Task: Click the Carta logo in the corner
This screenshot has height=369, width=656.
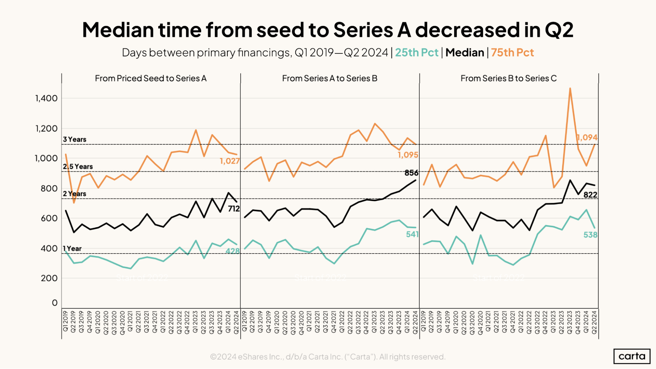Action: pos(631,356)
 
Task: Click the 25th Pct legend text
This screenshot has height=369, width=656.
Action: pos(416,52)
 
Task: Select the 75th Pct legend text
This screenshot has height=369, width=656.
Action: pos(512,52)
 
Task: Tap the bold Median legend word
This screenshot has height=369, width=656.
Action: pos(465,52)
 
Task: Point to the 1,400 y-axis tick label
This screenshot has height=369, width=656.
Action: pos(47,98)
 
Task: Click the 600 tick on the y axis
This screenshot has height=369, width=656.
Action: pos(49,218)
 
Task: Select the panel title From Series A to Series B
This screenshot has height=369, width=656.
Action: pos(329,78)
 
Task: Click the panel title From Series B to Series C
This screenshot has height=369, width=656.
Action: pos(508,78)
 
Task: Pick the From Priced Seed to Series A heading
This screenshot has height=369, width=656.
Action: pos(151,78)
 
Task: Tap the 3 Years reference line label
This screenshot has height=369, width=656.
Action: pos(74,139)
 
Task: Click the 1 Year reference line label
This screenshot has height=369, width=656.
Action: pos(72,249)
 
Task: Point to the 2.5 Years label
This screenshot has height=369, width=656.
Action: pos(78,167)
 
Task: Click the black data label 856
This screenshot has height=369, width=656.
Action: pos(411,173)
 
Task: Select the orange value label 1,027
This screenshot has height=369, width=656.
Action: pos(229,161)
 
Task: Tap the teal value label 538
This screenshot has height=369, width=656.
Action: pos(590,235)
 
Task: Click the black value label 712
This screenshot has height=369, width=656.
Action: pos(234,209)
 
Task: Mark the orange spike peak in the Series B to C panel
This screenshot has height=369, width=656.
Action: pos(570,88)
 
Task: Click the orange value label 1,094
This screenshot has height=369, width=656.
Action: pos(587,137)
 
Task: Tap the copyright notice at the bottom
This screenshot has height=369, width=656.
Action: pos(328,357)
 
